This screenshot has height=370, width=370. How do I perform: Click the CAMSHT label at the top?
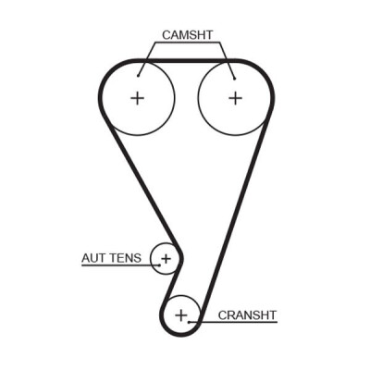(188, 35)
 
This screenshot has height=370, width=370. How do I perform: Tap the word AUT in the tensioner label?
(92, 258)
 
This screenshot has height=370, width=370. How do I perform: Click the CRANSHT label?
(247, 315)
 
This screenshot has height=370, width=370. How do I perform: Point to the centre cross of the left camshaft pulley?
(137, 98)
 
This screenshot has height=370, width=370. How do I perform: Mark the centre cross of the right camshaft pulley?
(236, 98)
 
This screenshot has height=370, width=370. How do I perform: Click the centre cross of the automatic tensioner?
(166, 258)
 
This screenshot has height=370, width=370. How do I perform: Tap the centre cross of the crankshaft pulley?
(181, 315)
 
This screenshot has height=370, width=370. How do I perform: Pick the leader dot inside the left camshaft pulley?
(139, 76)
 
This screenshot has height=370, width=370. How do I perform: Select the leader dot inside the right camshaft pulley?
(235, 79)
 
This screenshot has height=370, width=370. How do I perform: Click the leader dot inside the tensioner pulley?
(160, 265)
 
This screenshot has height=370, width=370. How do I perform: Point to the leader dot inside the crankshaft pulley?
(189, 322)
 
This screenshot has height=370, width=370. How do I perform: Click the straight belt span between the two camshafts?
(187, 61)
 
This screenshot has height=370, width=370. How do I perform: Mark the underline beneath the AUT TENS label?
(120, 265)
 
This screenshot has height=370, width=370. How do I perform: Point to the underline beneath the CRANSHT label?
(233, 323)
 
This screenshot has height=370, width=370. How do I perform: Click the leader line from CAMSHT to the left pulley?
(147, 58)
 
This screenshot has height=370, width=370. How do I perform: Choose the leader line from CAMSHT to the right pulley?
(228, 60)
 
